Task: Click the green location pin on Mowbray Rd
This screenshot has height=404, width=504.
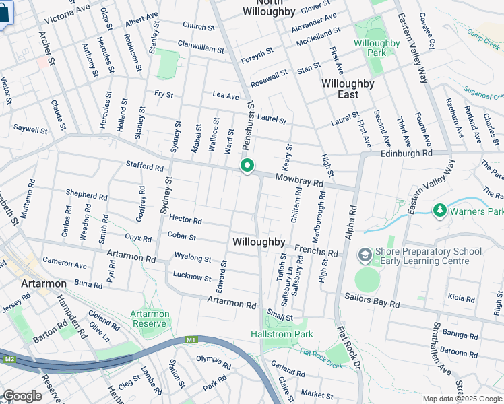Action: tap(247, 166)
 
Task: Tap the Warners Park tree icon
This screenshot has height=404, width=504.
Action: tap(440, 211)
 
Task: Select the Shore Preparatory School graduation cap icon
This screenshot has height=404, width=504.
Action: tap(365, 256)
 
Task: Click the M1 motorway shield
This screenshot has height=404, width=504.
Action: tap(191, 340)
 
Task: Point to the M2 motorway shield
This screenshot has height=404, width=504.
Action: tap(9, 358)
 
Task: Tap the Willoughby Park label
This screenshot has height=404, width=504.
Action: tap(377, 48)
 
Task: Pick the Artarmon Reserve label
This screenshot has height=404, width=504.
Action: tap(150, 318)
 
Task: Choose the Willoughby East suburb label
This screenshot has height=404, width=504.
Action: tap(348, 89)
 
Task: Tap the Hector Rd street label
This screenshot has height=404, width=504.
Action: tap(186, 220)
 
